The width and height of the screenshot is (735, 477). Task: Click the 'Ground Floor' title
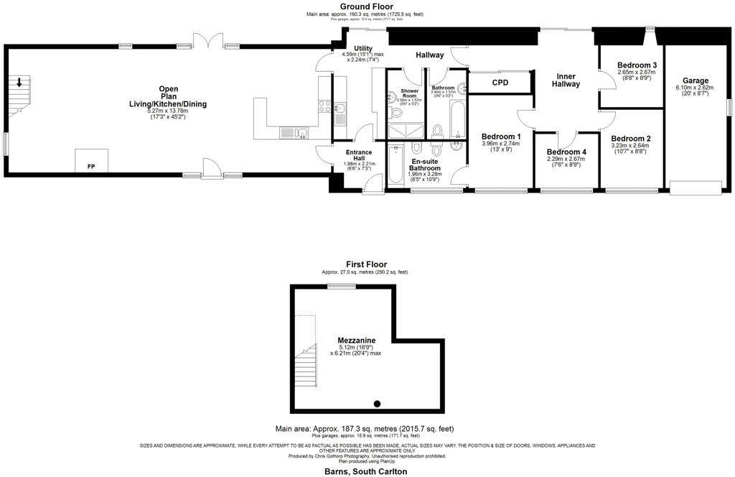pos(366,6)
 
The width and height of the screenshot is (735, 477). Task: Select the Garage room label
pos(696,80)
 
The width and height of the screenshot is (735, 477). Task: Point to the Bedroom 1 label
pos(501,136)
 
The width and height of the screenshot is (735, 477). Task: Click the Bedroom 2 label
pos(631,139)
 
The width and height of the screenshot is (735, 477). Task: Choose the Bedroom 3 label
pos(637,65)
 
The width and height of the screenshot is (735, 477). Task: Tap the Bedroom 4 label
pos(566,152)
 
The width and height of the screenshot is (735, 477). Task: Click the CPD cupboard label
pos(500,82)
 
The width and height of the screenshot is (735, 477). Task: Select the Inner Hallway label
pos(566,80)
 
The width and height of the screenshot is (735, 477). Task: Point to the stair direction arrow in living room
pos(19,81)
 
